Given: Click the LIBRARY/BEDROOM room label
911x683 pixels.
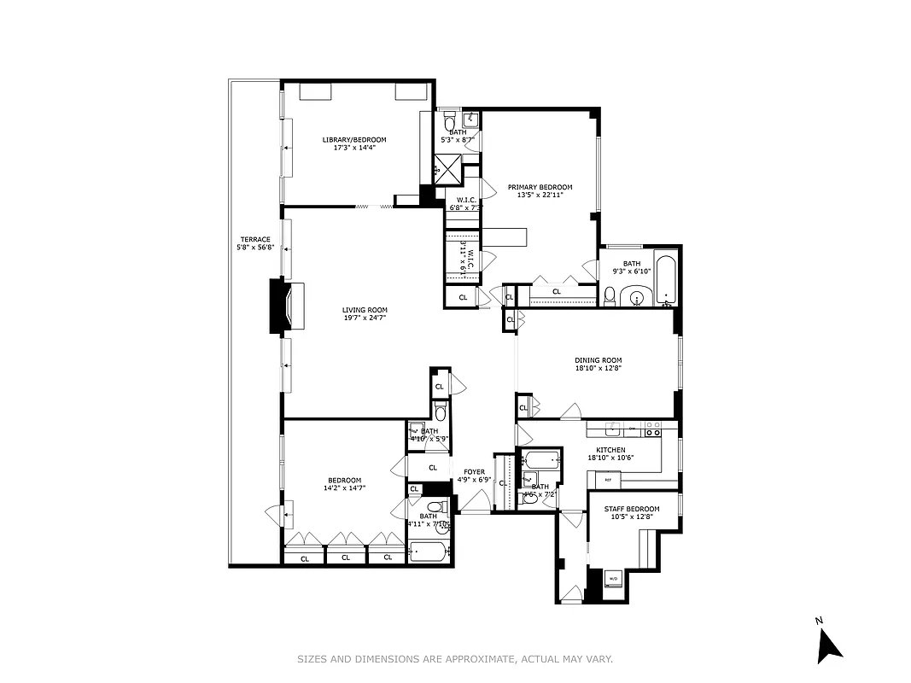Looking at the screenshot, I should click(x=354, y=140).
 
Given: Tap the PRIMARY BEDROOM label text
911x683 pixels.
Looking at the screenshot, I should click(x=540, y=187).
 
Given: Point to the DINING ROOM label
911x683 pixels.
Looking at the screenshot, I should click(x=598, y=360).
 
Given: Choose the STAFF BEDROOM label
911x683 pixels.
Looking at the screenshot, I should click(x=632, y=509).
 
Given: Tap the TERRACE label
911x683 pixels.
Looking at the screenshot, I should click(x=255, y=239).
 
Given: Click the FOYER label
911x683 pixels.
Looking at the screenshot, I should click(x=474, y=471).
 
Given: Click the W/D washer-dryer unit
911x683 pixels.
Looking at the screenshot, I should click(x=613, y=580).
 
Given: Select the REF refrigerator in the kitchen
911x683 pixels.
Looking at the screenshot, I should click(x=608, y=480).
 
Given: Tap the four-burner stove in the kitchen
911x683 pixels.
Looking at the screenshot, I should click(x=653, y=429).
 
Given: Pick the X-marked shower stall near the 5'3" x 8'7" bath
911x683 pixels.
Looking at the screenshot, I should click(x=447, y=166).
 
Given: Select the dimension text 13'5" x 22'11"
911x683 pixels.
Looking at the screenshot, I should click(x=540, y=196).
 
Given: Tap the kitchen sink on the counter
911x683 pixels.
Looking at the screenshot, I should click(x=632, y=428).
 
